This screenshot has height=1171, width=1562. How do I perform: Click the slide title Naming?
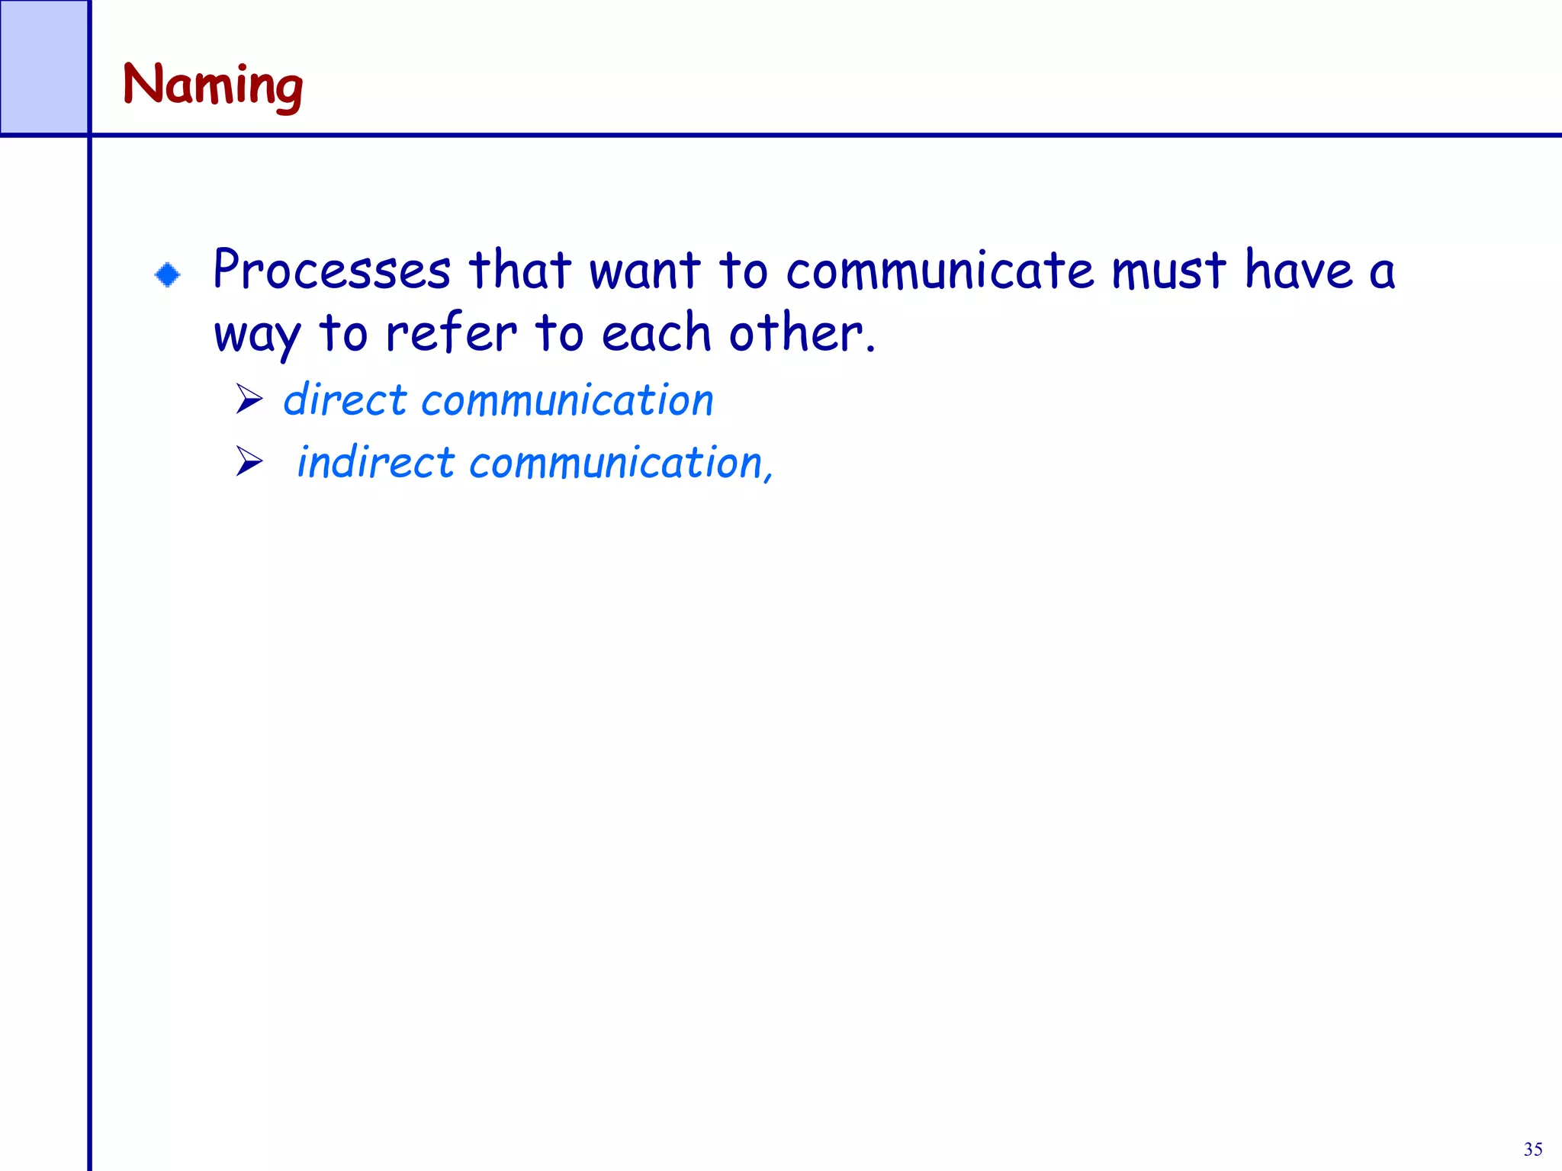pyautogui.click(x=213, y=85)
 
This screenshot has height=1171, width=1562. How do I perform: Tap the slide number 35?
pyautogui.click(x=1533, y=1149)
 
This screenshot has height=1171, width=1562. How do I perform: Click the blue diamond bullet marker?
pyautogui.click(x=168, y=274)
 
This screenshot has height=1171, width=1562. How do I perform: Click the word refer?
pyautogui.click(x=452, y=334)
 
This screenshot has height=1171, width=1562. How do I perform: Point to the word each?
pyautogui.click(x=656, y=334)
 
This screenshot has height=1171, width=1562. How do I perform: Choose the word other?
pyautogui.click(x=801, y=334)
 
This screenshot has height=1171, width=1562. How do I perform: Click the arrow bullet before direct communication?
pyautogui.click(x=249, y=399)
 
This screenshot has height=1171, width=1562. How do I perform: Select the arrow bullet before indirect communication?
pyautogui.click(x=249, y=461)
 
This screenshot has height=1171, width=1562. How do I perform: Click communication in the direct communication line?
pyautogui.click(x=567, y=400)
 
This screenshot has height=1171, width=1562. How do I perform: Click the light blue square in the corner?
pyautogui.click(x=43, y=67)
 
